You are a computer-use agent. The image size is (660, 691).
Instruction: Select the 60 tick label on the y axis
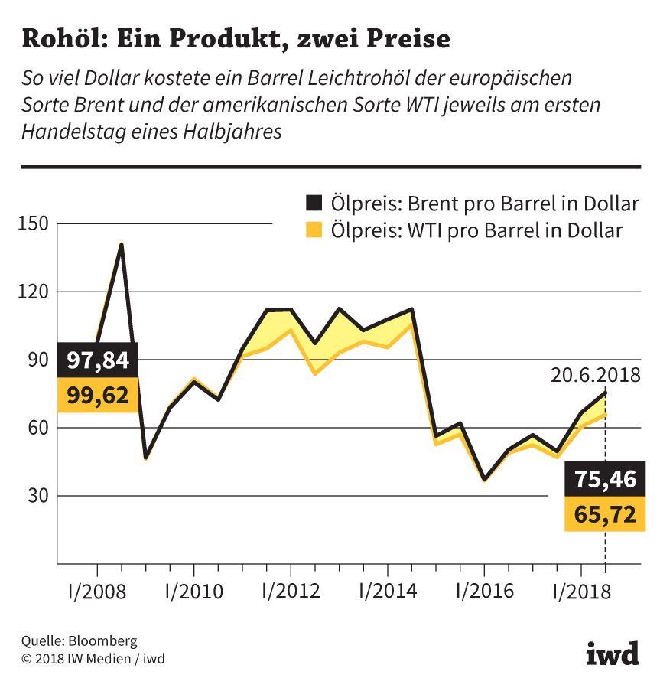(37, 428)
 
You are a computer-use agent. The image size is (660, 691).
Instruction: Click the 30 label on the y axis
(37, 496)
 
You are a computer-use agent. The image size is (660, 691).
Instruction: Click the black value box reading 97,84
(98, 360)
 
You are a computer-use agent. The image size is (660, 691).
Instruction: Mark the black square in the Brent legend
(314, 204)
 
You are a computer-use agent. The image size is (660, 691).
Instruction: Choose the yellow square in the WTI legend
(314, 230)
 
